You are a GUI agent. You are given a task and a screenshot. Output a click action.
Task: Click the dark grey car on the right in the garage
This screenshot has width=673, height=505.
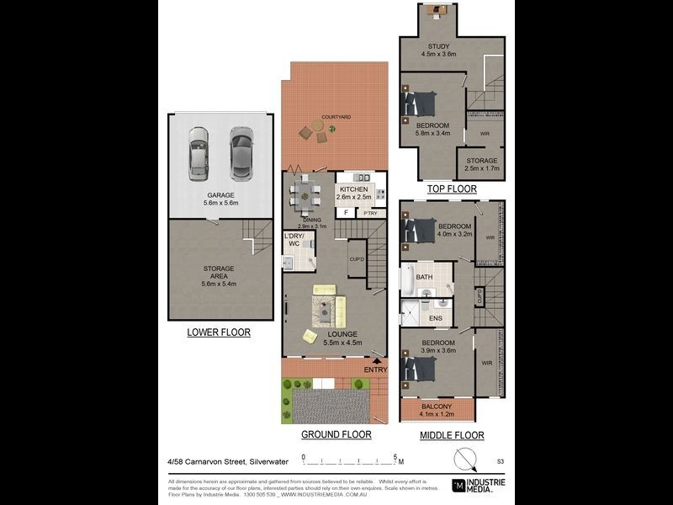point(240,152)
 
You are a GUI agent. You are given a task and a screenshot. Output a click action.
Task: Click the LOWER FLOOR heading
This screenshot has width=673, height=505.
point(219,332)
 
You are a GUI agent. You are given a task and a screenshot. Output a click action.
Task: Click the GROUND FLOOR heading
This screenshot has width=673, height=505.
point(336,435)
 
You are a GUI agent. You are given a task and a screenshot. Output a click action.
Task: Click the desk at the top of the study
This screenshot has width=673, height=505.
point(437,10)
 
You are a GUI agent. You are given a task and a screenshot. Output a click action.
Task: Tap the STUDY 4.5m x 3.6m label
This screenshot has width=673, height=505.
point(438,50)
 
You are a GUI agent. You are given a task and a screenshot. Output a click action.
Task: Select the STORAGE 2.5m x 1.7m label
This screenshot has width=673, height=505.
point(481,164)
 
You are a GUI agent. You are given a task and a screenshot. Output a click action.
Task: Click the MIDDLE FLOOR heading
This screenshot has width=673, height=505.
point(452,435)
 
